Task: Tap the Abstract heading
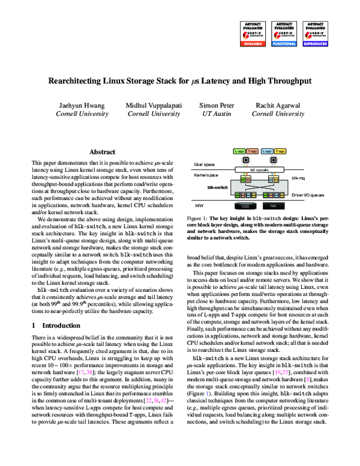point(102,153)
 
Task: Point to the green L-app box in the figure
point(239,152)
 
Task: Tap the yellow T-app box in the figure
point(252,152)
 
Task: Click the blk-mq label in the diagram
point(298,178)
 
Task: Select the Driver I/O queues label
point(309,196)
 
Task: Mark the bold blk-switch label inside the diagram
point(217,187)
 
